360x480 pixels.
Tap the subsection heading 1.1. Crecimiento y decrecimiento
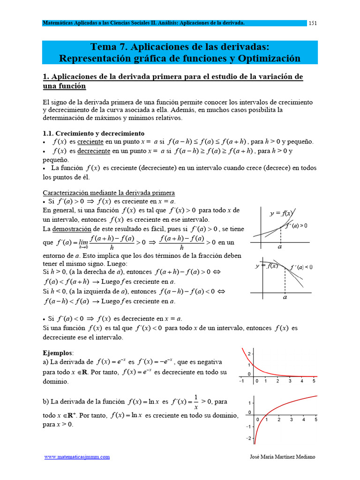coord(94,133)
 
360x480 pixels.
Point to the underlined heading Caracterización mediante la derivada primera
coord(109,193)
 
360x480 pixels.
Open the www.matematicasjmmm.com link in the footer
coord(77,457)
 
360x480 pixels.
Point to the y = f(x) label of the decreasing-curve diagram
coord(266,266)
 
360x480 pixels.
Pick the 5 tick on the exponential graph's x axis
coord(314,381)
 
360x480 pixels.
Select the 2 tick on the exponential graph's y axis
coord(249,353)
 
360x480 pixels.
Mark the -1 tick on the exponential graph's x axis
coord(241,381)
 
